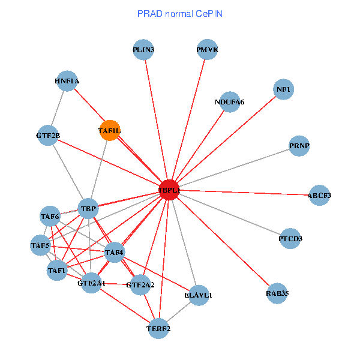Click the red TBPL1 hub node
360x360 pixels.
pos(169,190)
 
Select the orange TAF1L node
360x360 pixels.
pos(109,130)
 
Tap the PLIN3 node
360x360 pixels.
pos(144,50)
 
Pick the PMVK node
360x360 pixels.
pos(207,50)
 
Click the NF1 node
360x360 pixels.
pos(283,89)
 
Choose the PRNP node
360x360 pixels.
pos(299,146)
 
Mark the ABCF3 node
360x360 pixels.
pos(319,196)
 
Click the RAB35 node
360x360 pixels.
pos(277,293)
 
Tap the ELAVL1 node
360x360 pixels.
pos(198,295)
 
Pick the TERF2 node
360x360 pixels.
pos(158,328)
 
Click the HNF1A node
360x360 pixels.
pos(67,80)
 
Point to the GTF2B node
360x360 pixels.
pos(48,135)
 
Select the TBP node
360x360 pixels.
pos(88,209)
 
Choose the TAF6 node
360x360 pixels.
pos(50,216)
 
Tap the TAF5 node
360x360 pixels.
pos(40,245)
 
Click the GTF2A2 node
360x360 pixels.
pos(140,284)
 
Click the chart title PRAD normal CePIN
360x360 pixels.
pos(179,13)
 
